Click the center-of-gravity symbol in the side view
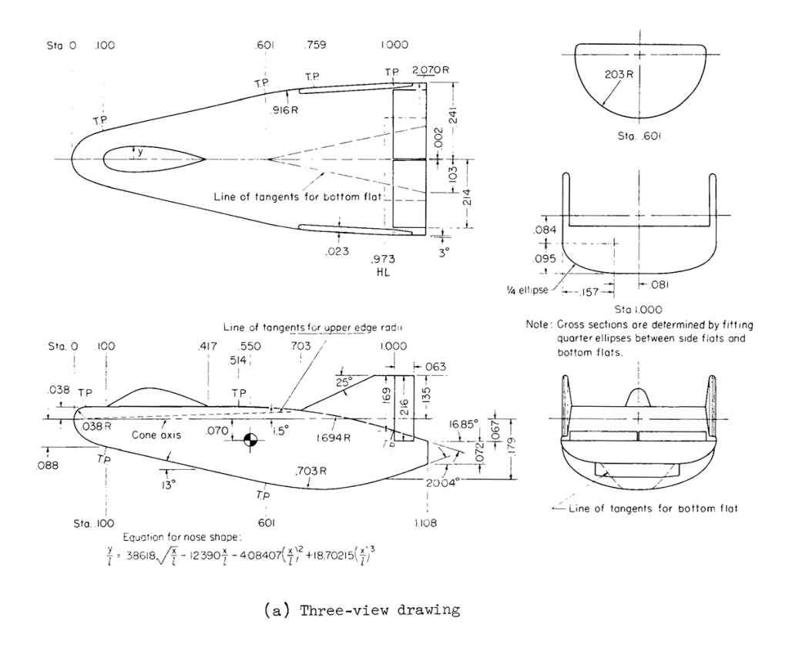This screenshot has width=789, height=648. tap(249, 439)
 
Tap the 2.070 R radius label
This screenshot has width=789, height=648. tap(431, 70)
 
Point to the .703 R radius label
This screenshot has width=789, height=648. tap(308, 471)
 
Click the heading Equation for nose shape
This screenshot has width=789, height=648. tap(180, 537)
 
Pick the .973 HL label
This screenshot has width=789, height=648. tap(381, 265)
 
